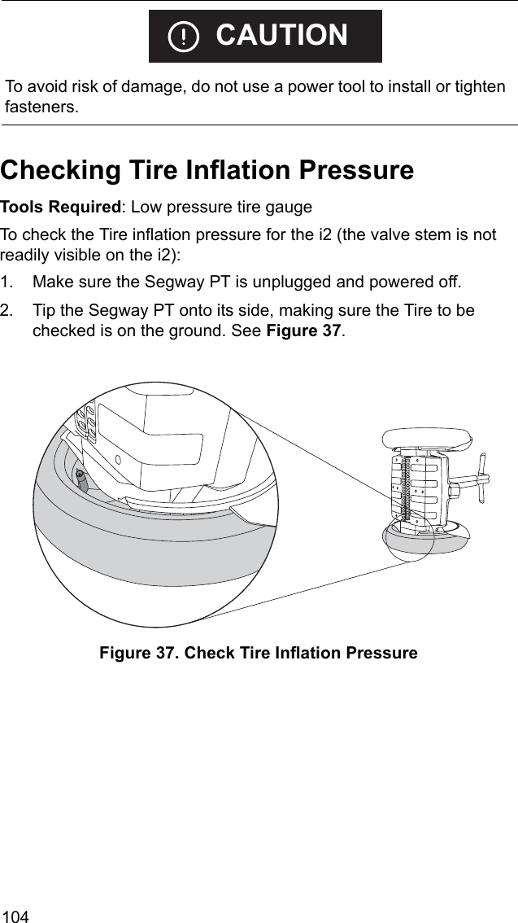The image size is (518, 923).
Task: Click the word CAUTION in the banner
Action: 281,36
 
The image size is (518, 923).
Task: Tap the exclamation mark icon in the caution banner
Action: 185,37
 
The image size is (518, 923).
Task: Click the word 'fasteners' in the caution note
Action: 42,107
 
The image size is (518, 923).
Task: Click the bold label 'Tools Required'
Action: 59,208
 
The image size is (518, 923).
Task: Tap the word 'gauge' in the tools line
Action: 289,208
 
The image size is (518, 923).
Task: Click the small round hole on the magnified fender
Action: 119,459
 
